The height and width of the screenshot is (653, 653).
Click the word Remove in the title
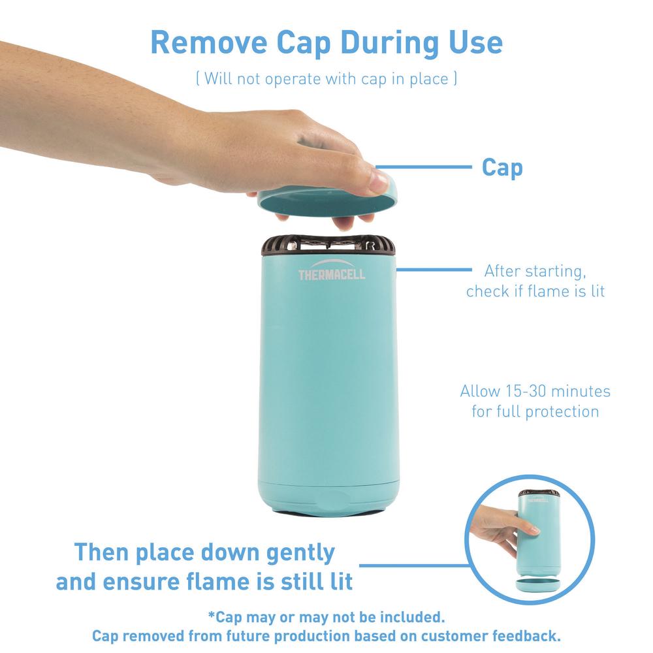click(208, 42)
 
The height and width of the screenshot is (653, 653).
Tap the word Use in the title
click(475, 42)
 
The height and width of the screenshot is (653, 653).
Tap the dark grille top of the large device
click(328, 245)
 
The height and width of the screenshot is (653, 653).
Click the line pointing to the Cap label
click(424, 167)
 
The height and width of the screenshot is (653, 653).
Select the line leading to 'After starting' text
click(434, 270)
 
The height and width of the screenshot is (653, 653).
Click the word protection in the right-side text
click(562, 412)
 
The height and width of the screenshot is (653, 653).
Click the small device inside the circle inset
click(539, 533)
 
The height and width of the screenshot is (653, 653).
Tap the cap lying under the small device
click(538, 584)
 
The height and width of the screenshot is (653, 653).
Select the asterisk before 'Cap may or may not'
click(212, 614)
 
